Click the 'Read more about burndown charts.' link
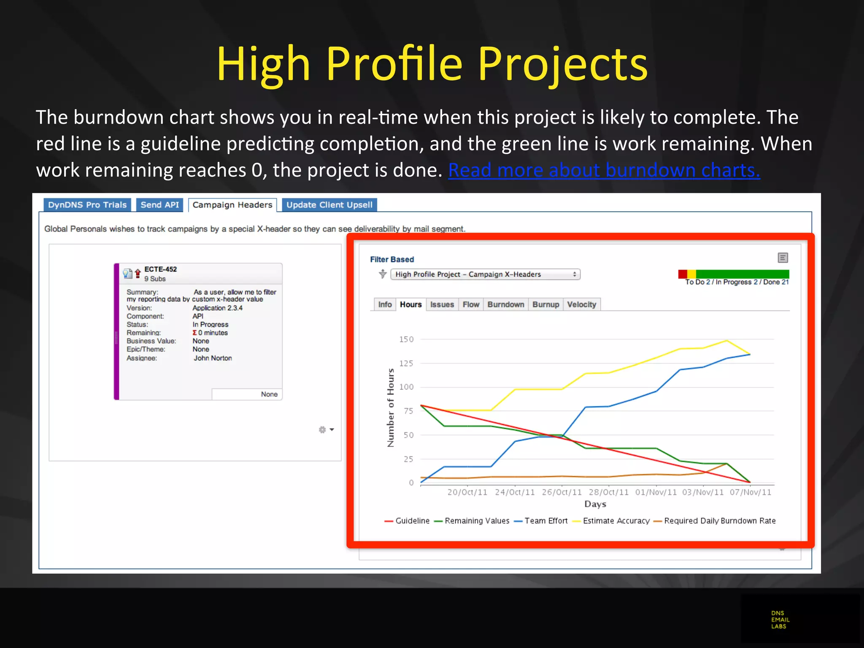[604, 170]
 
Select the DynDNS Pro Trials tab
[87, 205]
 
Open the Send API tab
[159, 205]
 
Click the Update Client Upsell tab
[329, 205]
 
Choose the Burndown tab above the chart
[505, 305]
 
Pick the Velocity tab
[581, 305]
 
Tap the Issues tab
[442, 305]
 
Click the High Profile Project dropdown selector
[485, 274]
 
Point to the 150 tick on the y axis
[406, 339]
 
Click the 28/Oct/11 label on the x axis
[608, 492]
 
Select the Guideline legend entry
[412, 521]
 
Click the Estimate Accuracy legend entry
[616, 521]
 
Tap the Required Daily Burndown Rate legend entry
[719, 521]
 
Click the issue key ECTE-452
[160, 269]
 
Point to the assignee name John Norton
[213, 358]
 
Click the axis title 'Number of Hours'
[391, 408]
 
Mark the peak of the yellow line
[726, 340]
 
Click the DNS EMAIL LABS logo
[780, 620]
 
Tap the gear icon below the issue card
[323, 429]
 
